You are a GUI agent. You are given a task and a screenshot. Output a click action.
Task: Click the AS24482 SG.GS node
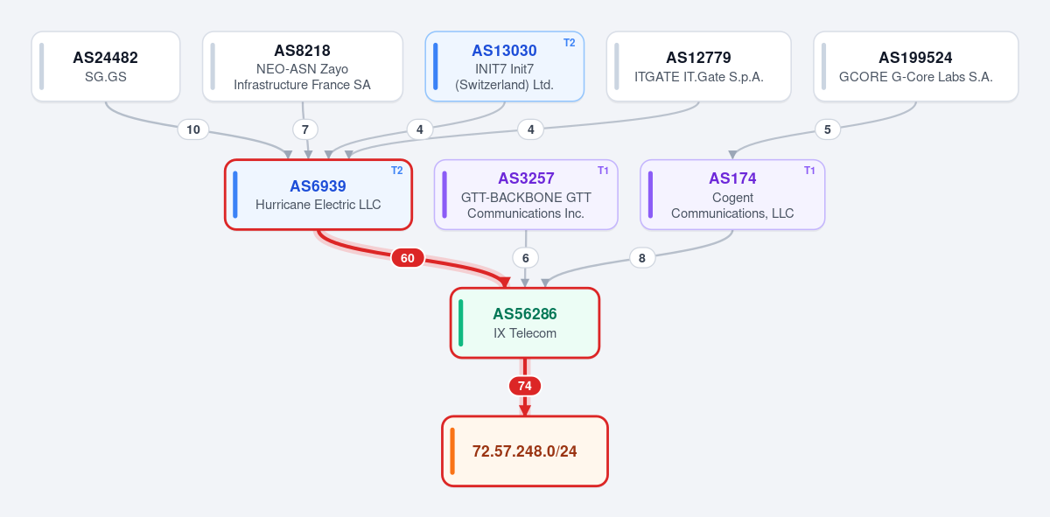click(x=106, y=66)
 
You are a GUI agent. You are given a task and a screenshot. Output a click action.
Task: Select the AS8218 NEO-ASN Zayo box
click(x=303, y=66)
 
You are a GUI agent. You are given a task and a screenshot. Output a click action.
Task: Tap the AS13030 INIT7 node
click(x=504, y=66)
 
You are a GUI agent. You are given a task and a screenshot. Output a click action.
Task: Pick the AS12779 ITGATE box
click(x=698, y=66)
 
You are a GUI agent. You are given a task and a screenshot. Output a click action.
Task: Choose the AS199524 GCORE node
click(x=916, y=66)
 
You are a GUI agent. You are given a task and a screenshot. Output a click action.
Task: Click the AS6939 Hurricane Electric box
click(x=318, y=194)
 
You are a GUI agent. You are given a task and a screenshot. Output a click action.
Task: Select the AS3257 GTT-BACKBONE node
click(x=526, y=194)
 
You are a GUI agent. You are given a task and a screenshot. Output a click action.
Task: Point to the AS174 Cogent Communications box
click(x=732, y=194)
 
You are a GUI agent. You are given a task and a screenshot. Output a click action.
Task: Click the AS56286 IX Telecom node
click(x=525, y=323)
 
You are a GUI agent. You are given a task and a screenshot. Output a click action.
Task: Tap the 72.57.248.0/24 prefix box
click(x=525, y=451)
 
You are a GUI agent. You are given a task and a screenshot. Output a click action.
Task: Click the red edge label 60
click(x=408, y=258)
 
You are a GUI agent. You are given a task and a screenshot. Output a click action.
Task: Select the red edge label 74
click(x=525, y=386)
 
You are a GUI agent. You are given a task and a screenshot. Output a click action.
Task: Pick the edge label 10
click(x=193, y=129)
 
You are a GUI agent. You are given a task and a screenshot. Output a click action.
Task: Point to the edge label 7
click(x=305, y=129)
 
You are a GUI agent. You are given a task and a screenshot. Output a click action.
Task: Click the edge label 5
click(x=828, y=129)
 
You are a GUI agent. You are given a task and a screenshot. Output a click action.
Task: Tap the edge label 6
click(x=526, y=258)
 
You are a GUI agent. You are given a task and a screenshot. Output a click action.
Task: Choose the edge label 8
click(x=641, y=258)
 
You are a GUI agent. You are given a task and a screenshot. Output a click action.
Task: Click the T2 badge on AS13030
click(x=569, y=43)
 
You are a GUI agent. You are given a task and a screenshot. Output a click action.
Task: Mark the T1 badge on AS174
click(x=809, y=171)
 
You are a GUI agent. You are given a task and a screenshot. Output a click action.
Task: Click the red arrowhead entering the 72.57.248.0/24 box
click(x=525, y=410)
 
